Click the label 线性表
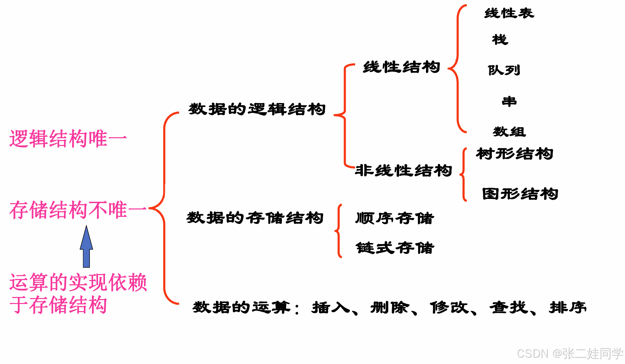(509, 13)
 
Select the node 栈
(500, 40)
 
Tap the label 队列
(504, 70)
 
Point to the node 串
(509, 101)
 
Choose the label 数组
(509, 132)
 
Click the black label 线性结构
(401, 67)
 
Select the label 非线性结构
(403, 170)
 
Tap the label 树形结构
(514, 154)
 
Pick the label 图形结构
(520, 194)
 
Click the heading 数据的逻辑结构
(257, 109)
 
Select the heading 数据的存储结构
(255, 218)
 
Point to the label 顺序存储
(395, 218)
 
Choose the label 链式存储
(395, 248)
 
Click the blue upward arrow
(86, 247)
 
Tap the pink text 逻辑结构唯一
(68, 138)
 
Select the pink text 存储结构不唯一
(78, 210)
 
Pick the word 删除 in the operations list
(390, 308)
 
